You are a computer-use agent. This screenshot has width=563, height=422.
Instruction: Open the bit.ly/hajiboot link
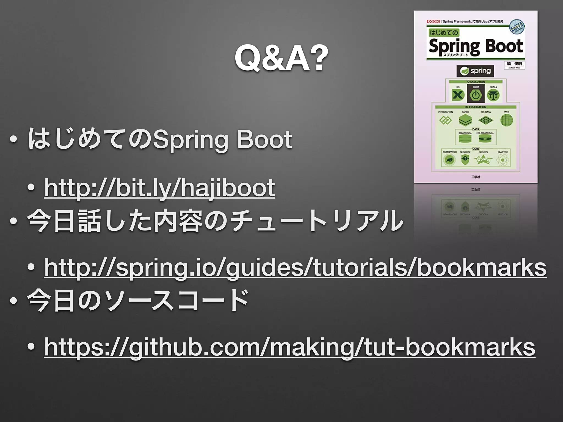coord(159,188)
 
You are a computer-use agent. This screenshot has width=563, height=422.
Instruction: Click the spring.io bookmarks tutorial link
coord(295,268)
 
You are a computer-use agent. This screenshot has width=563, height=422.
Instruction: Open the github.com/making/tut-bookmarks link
coord(290,347)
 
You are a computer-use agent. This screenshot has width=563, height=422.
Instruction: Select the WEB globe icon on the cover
coord(507,120)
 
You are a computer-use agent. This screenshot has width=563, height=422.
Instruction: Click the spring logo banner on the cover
coord(475,71)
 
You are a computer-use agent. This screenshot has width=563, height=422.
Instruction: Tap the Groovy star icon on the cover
coord(483,159)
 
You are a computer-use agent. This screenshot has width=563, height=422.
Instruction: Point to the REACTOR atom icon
coord(503,160)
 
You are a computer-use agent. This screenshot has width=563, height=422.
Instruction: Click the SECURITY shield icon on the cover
coord(465,159)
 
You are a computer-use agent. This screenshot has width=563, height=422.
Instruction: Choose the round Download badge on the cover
coord(517,27)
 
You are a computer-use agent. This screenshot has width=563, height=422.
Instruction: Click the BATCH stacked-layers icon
coord(465,120)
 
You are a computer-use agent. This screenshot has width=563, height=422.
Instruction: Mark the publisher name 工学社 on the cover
coord(476,177)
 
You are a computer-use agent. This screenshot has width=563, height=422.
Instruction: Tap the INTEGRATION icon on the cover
coord(445,120)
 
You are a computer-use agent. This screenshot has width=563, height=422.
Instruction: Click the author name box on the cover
coord(514,65)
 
